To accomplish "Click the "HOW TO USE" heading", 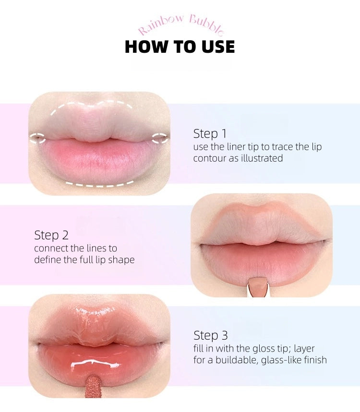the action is [x=180, y=47].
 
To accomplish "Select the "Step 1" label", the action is [x=210, y=133].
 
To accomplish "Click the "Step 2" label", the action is [x=51, y=235].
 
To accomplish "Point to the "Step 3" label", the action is [x=210, y=335].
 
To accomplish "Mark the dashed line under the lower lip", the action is [x=100, y=185].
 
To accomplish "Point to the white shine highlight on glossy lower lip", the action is [x=95, y=364].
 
